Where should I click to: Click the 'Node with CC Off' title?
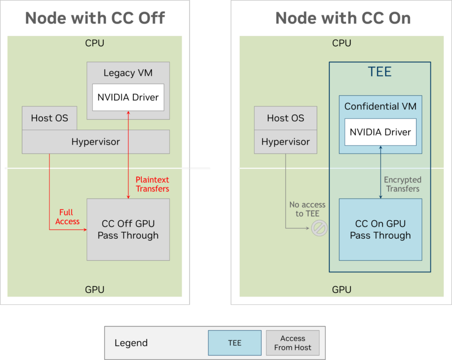(x=95, y=18)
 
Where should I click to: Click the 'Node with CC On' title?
(x=343, y=18)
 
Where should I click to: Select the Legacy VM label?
(x=128, y=73)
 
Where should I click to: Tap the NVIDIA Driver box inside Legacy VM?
(x=128, y=97)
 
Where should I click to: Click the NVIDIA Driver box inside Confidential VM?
(x=380, y=132)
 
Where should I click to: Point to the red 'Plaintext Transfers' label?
(x=152, y=184)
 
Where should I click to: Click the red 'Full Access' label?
(x=67, y=217)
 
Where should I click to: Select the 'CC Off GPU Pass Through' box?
(x=128, y=229)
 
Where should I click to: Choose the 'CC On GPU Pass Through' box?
(x=380, y=229)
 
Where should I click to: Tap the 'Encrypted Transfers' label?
(x=402, y=184)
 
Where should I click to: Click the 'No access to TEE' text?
(x=307, y=209)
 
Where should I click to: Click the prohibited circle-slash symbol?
(x=319, y=228)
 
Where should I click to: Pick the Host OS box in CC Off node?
(x=49, y=118)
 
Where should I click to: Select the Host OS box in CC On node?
(x=285, y=118)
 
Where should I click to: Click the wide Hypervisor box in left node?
(x=96, y=142)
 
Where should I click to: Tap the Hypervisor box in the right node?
(x=285, y=142)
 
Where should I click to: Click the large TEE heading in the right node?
(x=380, y=72)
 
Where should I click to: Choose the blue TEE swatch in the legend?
(x=234, y=343)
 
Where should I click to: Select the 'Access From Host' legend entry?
(x=292, y=343)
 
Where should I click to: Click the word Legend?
(x=131, y=343)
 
